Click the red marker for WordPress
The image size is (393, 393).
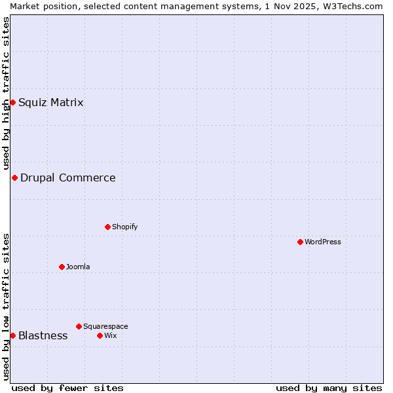[300, 242]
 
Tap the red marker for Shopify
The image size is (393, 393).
[107, 227]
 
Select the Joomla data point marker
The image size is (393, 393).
[62, 267]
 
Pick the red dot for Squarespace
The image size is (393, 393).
[79, 326]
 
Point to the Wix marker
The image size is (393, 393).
[100, 335]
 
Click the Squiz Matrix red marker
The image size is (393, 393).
[12, 102]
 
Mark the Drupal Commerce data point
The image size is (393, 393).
[14, 178]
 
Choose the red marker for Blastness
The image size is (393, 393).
[12, 335]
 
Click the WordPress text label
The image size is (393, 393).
[323, 242]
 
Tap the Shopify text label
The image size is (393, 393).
[124, 227]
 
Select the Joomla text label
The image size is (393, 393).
[78, 267]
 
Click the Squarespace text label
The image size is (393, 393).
[105, 326]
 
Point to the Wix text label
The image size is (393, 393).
[110, 335]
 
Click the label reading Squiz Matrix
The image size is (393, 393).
[50, 102]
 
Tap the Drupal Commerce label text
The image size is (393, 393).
[67, 178]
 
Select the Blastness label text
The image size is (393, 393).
[43, 335]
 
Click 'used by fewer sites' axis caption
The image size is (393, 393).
[67, 388]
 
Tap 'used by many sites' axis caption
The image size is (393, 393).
[329, 388]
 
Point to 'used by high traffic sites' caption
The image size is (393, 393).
[6, 92]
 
